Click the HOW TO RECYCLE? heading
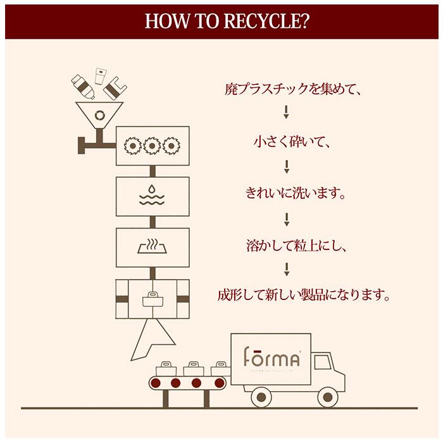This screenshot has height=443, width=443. point(227,21)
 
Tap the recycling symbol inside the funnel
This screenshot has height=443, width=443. point(99,115)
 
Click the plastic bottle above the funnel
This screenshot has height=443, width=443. point(83,87)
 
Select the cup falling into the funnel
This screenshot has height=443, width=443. point(100,76)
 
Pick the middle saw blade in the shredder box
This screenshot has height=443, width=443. point(152,146)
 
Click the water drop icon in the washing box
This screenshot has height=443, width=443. point(152,189)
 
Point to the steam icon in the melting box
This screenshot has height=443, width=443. point(153,246)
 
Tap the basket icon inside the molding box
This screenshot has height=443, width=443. point(153,299)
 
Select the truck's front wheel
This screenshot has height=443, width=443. point(327,397)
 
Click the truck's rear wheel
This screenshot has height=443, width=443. point(261,397)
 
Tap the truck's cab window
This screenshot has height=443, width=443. point(323,362)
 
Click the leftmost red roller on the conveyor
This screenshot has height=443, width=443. point(156,384)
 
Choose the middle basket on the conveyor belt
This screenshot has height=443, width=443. point(194,368)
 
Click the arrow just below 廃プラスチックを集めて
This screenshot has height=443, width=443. point(286,112)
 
